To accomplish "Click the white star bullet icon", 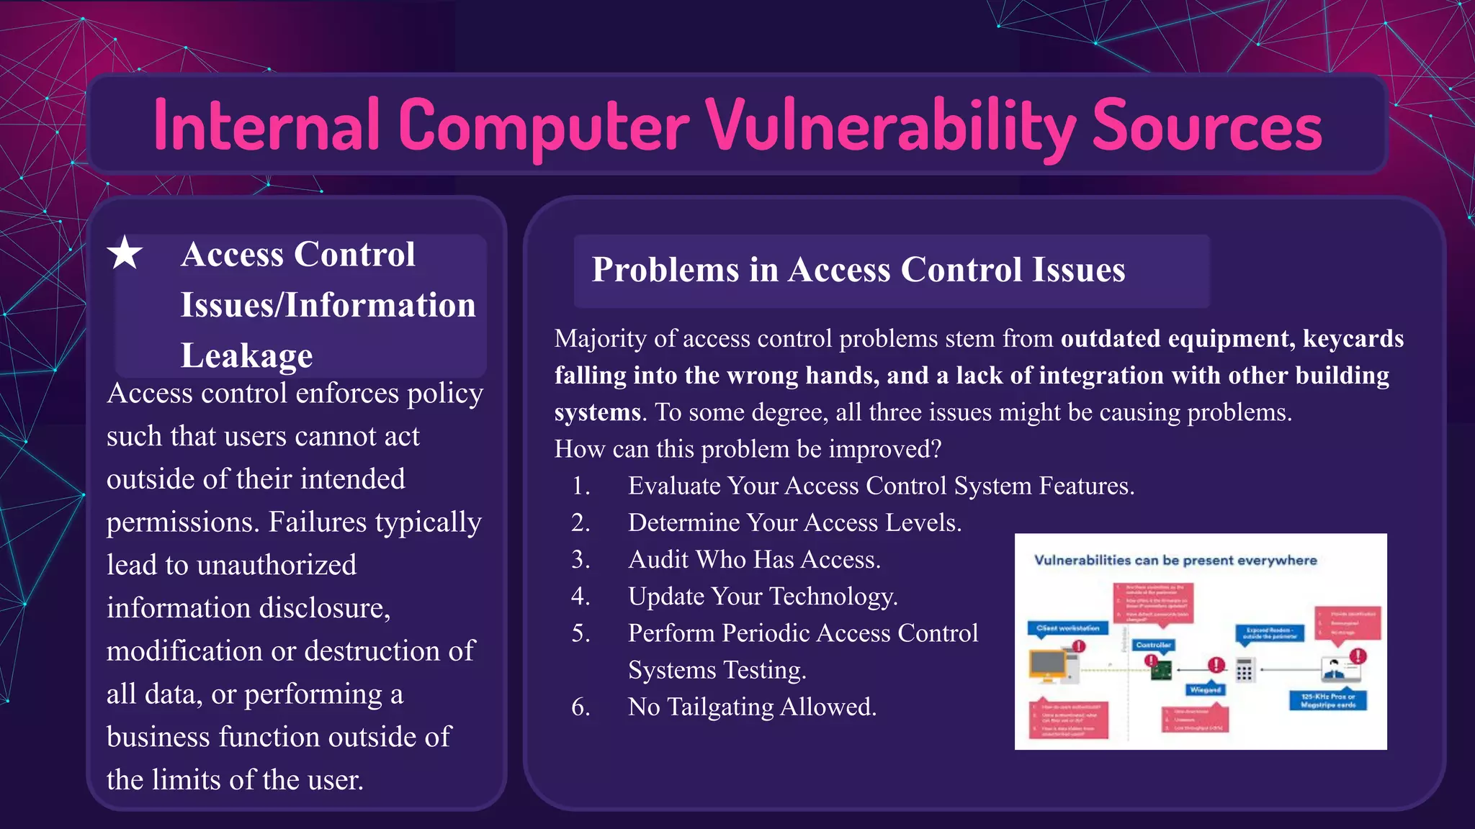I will tap(125, 253).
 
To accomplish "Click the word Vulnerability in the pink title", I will tap(890, 127).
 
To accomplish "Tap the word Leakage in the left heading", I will tap(246, 355).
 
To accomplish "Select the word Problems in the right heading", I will tap(665, 270).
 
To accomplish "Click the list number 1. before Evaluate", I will tap(580, 486).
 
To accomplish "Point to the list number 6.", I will tap(580, 707).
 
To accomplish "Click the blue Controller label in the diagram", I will tap(1154, 645).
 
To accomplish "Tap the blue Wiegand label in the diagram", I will tap(1205, 689).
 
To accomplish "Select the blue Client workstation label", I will tap(1067, 628).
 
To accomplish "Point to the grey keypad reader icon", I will tap(1245, 670).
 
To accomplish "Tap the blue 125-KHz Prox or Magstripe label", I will tap(1327, 700).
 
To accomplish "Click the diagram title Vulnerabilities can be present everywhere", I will tap(1175, 560).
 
